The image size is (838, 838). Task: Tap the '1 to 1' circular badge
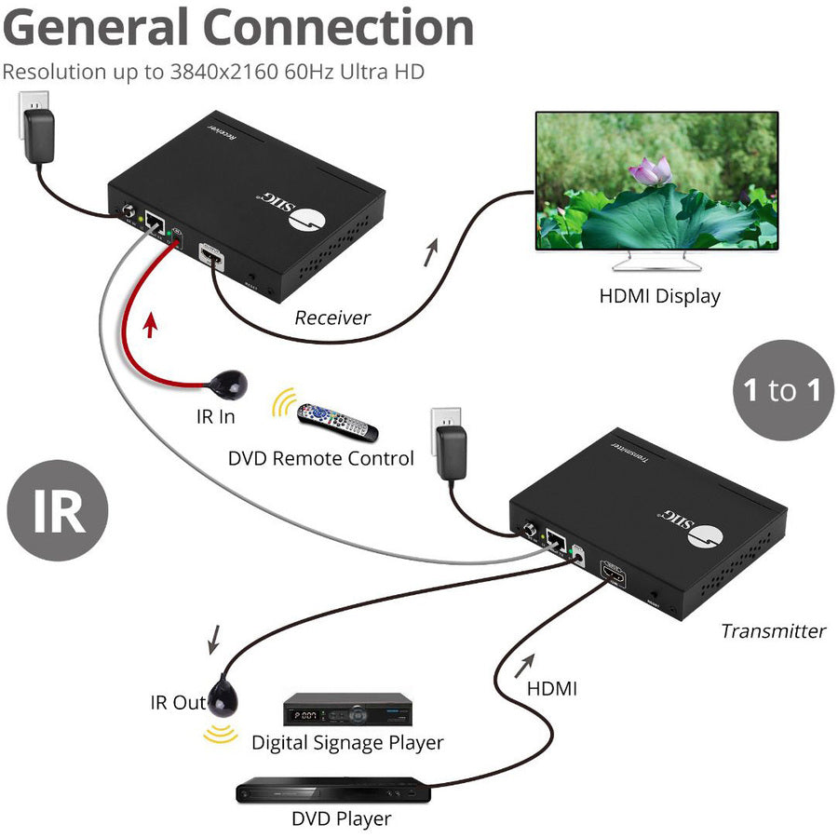(782, 390)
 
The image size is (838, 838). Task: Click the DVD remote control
(338, 422)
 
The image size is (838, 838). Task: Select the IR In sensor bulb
(228, 382)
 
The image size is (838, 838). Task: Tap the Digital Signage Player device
(346, 712)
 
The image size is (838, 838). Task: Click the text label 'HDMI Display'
(659, 296)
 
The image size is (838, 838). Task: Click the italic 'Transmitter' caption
(773, 630)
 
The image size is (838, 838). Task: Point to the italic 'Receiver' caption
(332, 318)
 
